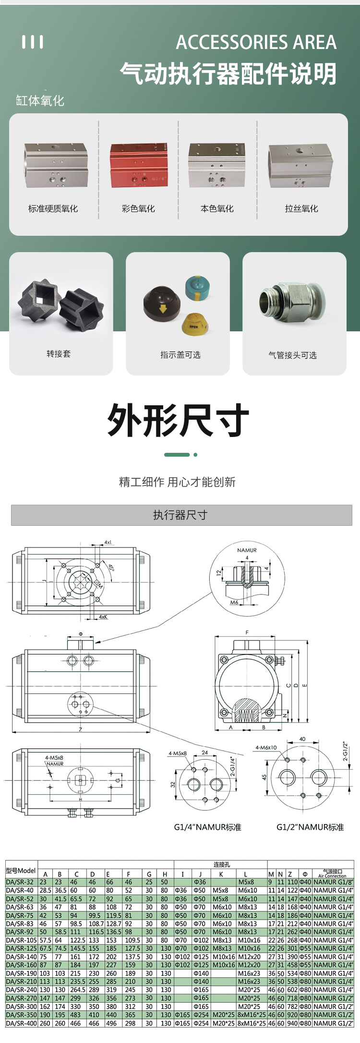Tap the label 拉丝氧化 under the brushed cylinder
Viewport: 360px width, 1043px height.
tap(301, 208)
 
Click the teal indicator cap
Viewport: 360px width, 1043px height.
tap(198, 287)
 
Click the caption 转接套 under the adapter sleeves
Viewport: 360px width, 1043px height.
tap(59, 354)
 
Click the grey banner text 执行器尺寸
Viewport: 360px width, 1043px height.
tap(180, 515)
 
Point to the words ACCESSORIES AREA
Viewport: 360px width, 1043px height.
tap(256, 42)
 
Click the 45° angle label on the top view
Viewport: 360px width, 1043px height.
tap(111, 567)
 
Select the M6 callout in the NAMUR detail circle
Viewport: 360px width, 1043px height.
tap(234, 602)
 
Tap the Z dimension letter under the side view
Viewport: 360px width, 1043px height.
tap(80, 729)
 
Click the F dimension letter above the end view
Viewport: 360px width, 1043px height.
tap(247, 632)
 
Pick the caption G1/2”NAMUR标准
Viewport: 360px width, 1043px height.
tap(310, 827)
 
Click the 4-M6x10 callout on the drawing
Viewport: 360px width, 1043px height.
tap(266, 747)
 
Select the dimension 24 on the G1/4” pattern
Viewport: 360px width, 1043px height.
tap(204, 752)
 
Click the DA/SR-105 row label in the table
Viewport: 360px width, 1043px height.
tap(21, 940)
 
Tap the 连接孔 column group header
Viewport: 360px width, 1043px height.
tap(221, 864)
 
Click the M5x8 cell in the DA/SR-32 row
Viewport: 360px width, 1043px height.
tap(246, 882)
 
